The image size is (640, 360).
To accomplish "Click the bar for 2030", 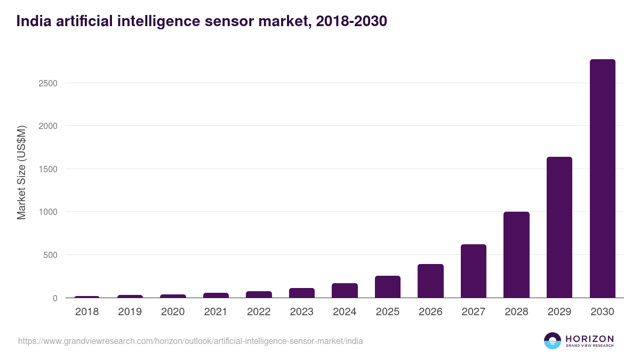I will (602, 179).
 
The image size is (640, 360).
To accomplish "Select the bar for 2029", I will (559, 227).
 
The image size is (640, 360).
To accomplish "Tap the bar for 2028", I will (516, 255).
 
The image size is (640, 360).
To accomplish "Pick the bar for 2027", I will (474, 271).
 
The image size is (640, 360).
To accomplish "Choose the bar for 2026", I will (430, 281).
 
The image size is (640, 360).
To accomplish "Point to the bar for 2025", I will (388, 287).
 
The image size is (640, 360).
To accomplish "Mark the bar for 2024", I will (345, 291).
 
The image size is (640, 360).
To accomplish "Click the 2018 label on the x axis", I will (87, 312).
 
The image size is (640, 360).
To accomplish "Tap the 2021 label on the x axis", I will (215, 312).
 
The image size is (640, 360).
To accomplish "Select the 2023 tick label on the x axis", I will (301, 312).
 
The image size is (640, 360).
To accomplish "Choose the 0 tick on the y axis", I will (55, 298).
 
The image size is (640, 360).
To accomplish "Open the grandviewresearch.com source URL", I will (190, 341).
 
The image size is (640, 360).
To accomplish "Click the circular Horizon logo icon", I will (552, 341).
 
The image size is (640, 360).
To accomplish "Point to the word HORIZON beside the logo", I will (589, 339).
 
